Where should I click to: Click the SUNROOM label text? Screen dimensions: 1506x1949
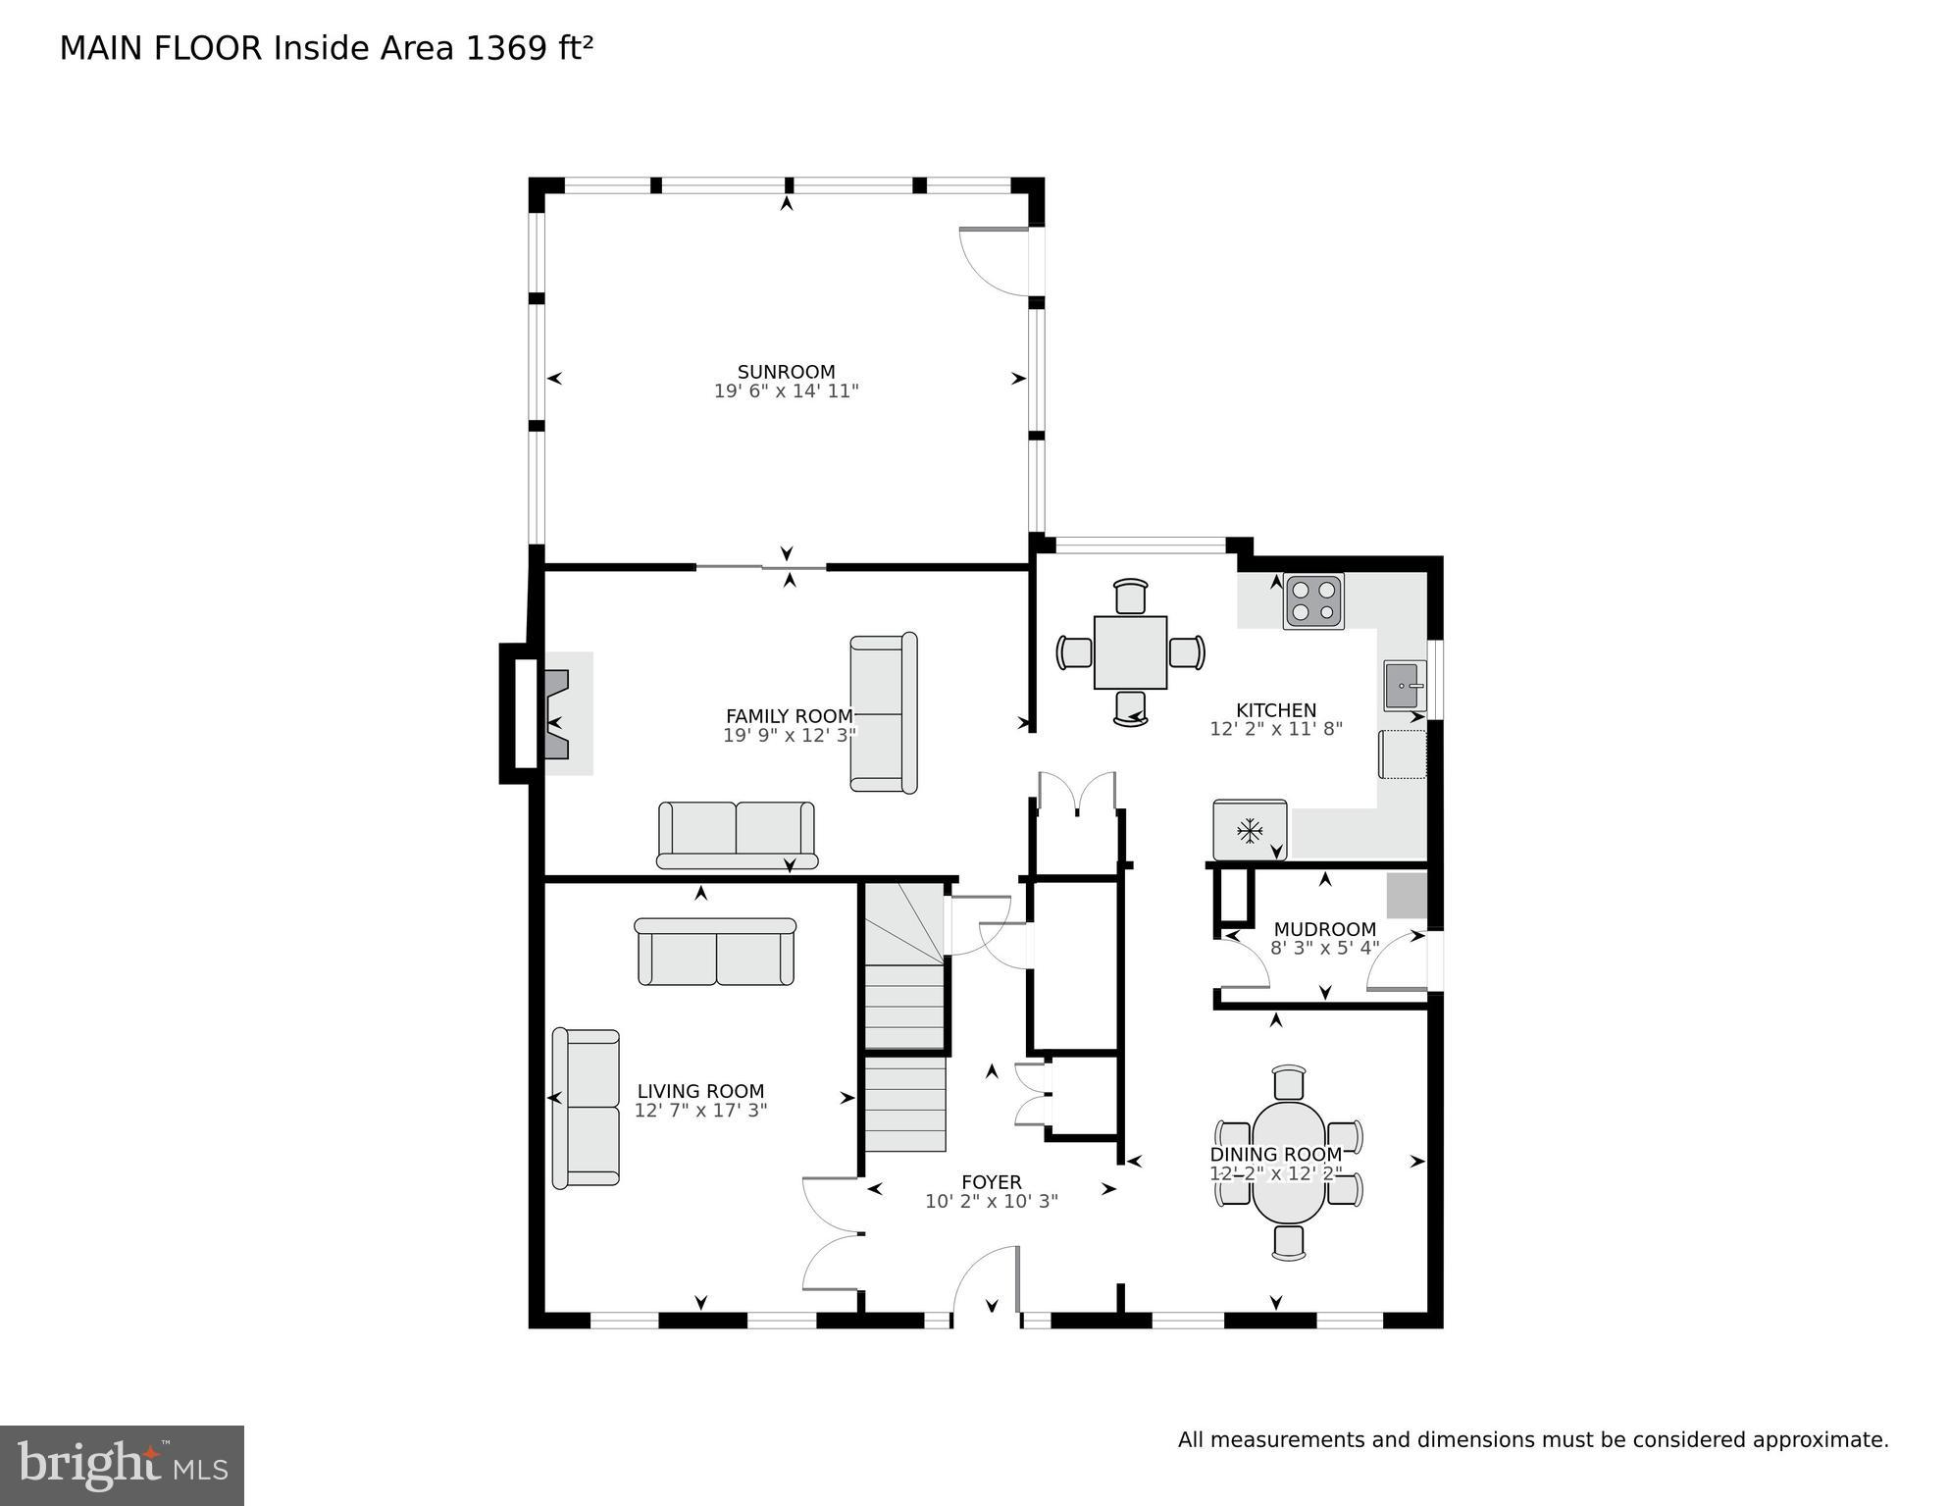tap(786, 372)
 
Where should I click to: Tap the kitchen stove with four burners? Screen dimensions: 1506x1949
tap(1313, 601)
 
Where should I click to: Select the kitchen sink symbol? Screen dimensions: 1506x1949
tap(1404, 685)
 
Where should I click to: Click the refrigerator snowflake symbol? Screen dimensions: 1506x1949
tap(1249, 831)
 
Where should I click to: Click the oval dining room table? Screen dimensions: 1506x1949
tap(1288, 1163)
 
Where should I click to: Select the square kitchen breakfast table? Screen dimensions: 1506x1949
tap(1130, 652)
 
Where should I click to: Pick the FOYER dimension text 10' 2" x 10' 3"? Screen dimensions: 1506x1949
tap(991, 1202)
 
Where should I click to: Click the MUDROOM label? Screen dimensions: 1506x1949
tap(1324, 929)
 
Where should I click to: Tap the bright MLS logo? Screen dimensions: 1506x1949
tap(122, 1465)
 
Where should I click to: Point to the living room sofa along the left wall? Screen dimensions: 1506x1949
tap(586, 1108)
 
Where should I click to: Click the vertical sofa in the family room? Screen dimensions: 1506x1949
tap(883, 712)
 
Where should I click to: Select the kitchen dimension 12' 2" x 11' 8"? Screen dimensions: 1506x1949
tap(1275, 729)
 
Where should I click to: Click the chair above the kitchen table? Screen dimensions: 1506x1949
tap(1130, 597)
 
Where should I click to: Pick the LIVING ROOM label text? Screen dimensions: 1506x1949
tap(699, 1091)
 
